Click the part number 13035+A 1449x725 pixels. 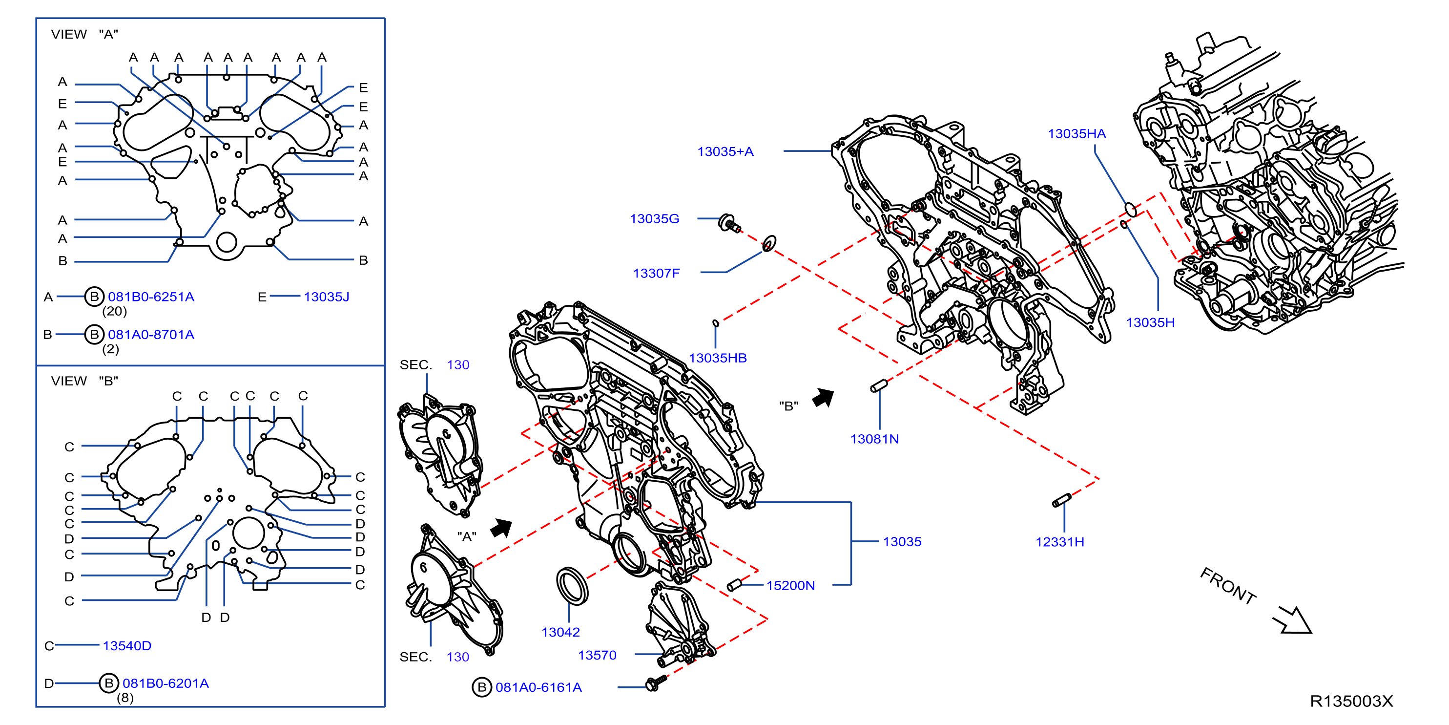725,151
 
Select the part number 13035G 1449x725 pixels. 654,218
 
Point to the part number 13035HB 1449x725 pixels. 718,358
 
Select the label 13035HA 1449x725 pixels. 1076,133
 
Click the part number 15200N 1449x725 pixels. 790,585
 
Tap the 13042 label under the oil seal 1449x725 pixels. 560,632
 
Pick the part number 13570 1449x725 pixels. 598,655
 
